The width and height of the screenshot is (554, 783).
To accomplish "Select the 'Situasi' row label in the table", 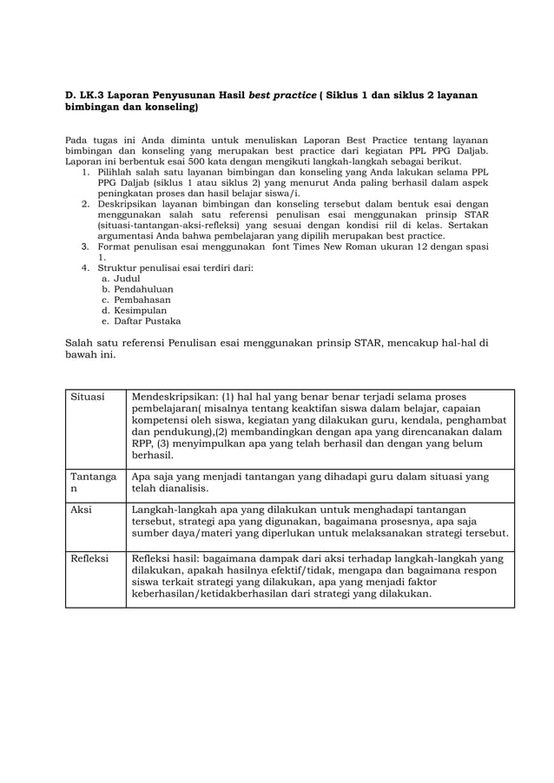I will pyautogui.click(x=86, y=397).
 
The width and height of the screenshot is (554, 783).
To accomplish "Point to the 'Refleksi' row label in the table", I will pyautogui.click(x=89, y=558).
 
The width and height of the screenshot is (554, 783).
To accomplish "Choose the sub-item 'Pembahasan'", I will pyautogui.click(x=142, y=299).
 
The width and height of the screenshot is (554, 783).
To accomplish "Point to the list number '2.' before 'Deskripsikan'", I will pyautogui.click(x=86, y=203).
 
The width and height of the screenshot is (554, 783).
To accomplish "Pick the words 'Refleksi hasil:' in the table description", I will pyautogui.click(x=170, y=558).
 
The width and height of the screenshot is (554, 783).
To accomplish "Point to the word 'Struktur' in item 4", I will pyautogui.click(x=115, y=268).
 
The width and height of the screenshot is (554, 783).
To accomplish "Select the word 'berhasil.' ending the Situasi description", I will pyautogui.click(x=152, y=454).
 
